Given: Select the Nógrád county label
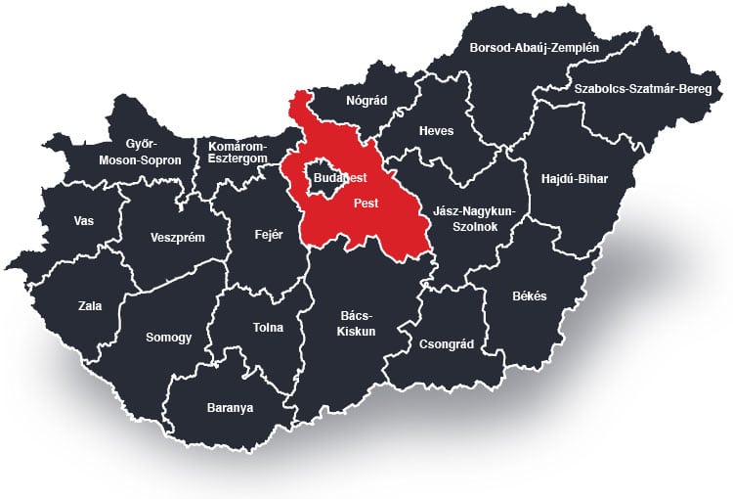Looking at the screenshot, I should coord(367,100).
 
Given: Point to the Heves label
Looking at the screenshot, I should coord(436,131).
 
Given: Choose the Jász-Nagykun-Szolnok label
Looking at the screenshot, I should coord(472,218).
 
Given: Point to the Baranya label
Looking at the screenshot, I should coord(230,407).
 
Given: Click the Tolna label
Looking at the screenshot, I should coord(268,329).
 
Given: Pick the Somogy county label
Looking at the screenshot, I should coord(169,338).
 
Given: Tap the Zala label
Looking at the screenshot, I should coord(90,306).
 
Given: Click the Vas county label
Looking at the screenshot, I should coord(84,220).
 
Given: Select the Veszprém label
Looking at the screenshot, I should coord(177,237).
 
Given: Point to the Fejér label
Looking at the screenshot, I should coord(268,235).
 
